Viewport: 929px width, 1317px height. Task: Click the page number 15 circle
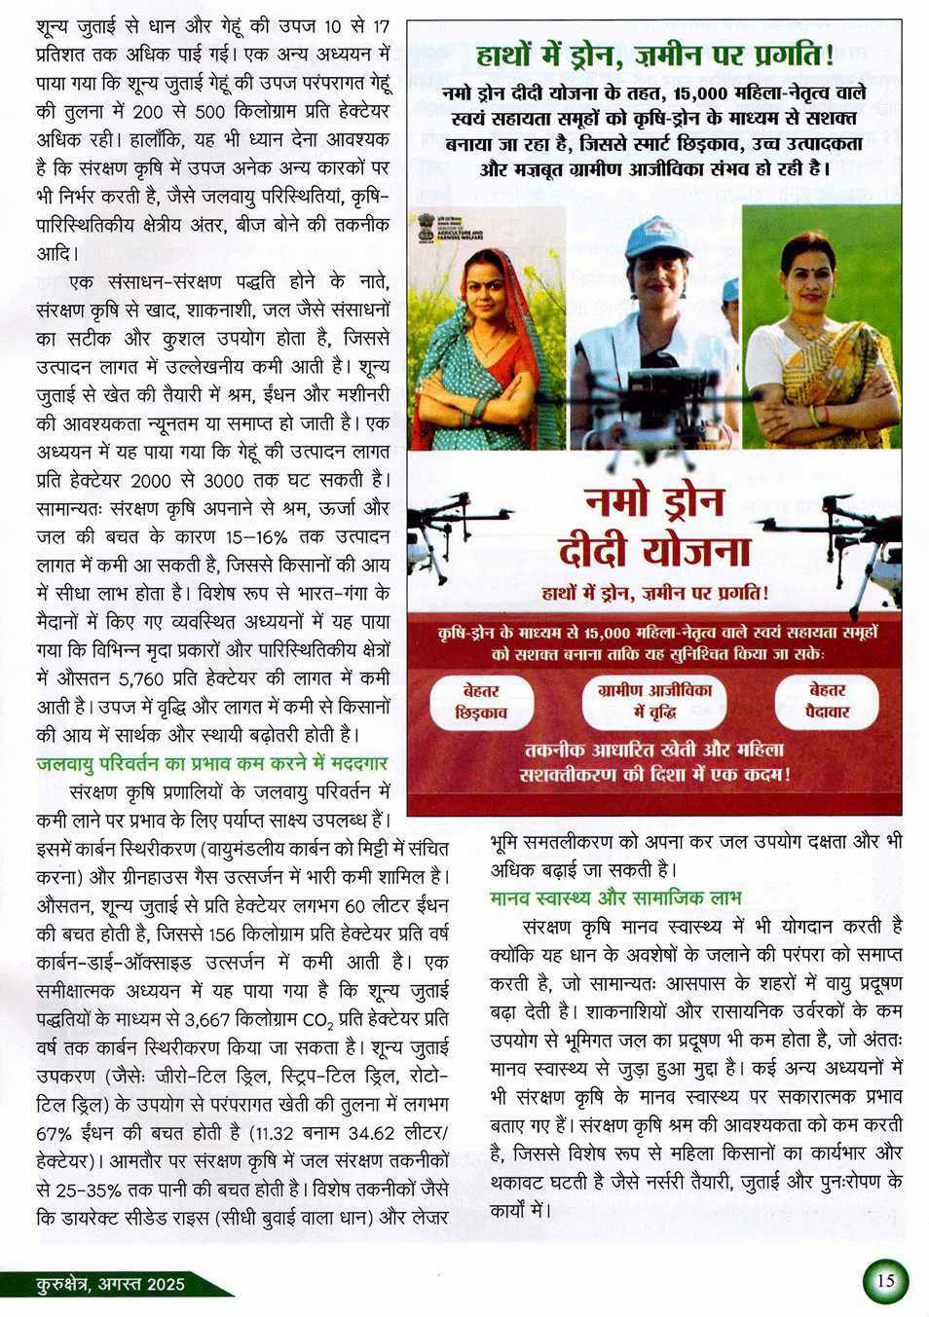click(x=884, y=1280)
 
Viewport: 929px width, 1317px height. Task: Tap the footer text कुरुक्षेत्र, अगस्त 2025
click(x=110, y=1284)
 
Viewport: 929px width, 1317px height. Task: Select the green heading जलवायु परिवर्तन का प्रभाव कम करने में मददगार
click(x=212, y=763)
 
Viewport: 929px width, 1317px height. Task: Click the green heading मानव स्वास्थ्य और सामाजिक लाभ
click(x=615, y=896)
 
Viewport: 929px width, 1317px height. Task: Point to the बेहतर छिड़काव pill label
click(x=481, y=702)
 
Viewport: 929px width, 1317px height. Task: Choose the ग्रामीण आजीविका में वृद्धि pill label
click(x=654, y=701)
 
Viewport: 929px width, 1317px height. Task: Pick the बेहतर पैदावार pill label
click(x=827, y=701)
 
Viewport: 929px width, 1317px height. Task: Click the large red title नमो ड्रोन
click(x=654, y=501)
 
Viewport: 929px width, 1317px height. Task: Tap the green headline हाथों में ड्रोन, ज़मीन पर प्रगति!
click(x=654, y=55)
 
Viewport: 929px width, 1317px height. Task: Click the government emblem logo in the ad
click(x=427, y=230)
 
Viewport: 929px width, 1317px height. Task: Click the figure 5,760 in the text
click(x=141, y=677)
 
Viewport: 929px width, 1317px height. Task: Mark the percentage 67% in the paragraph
click(x=55, y=1133)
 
